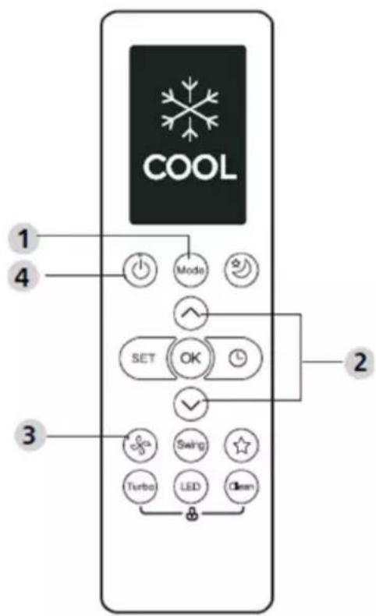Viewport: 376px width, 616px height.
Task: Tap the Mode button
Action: pos(190,270)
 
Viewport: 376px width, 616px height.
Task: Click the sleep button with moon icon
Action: pos(241,270)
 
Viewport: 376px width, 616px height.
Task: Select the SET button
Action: pos(145,358)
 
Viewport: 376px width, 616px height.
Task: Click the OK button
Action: pos(190,358)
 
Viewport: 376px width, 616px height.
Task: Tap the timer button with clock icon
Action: pos(236,358)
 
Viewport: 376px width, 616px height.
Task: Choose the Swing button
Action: pos(190,445)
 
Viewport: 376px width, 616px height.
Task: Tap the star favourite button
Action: pos(241,445)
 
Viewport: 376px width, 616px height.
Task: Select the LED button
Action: pos(190,487)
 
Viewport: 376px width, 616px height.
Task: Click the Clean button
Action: pos(241,487)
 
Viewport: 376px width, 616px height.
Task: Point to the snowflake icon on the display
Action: pos(190,109)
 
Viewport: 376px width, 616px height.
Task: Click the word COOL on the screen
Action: pos(190,168)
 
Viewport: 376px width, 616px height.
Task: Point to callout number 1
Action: pos(24,239)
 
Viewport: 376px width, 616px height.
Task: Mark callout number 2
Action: pos(360,362)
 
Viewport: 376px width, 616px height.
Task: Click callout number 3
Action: pos(30,435)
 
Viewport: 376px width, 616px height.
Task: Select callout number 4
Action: pos(23,277)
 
